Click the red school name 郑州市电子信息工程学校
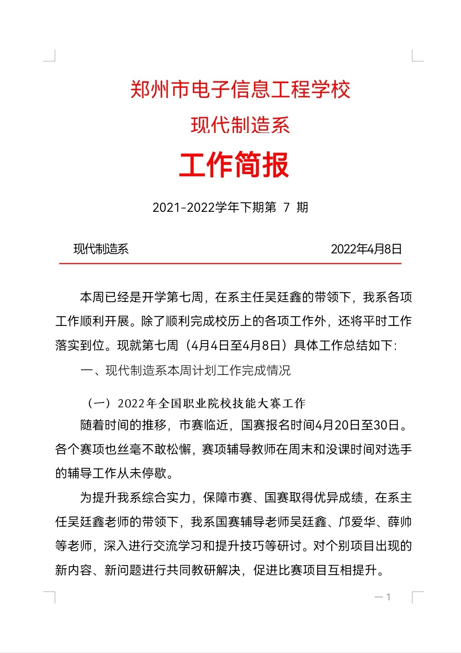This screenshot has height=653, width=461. (240, 90)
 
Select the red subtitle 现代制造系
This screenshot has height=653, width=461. (240, 126)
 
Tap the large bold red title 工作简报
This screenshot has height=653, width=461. (234, 165)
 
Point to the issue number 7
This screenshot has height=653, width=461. (287, 207)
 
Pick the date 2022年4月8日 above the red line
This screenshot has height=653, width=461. (366, 249)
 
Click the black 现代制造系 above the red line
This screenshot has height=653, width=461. (101, 249)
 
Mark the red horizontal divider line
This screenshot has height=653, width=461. (230, 264)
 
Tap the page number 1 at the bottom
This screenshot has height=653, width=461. (388, 597)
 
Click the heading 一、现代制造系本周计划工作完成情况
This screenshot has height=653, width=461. (185, 371)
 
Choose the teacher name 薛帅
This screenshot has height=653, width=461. (399, 522)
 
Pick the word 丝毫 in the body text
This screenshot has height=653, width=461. (118, 449)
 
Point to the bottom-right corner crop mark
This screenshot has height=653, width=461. (417, 597)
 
